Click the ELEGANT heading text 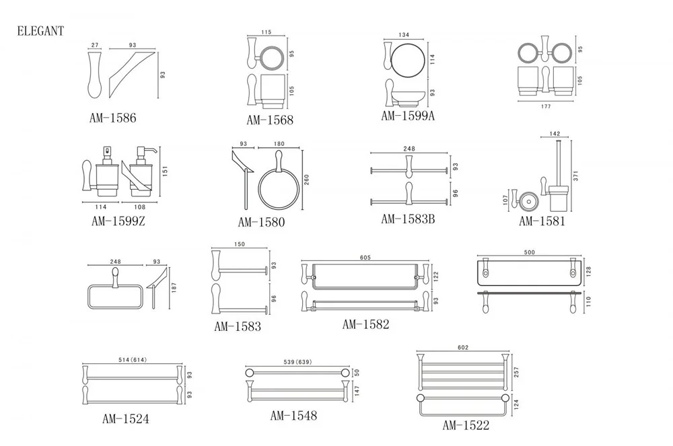tap(40, 30)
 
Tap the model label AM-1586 tap(113, 118)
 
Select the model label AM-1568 tap(270, 120)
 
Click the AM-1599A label tap(409, 116)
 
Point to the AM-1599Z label tap(118, 220)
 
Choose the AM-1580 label tap(262, 222)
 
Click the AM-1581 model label tap(542, 221)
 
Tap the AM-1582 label tap(365, 324)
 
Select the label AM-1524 tap(126, 419)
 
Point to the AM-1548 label tap(293, 416)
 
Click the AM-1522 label tap(466, 425)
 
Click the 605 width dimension tap(365, 258)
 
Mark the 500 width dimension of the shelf tap(529, 253)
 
